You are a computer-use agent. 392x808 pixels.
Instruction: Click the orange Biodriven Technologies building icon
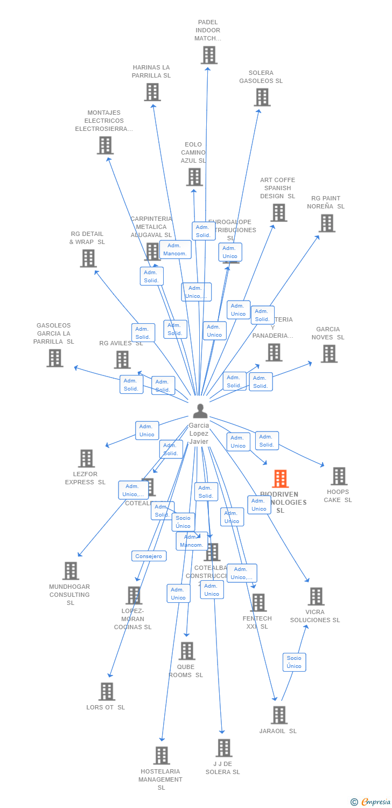click(x=280, y=479)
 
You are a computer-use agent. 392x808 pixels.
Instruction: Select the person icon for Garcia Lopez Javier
click(x=200, y=411)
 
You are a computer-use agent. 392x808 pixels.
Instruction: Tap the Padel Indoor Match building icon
click(x=209, y=55)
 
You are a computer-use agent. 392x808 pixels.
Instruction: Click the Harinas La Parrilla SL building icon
click(x=152, y=92)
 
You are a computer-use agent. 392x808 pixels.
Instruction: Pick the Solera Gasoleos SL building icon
click(x=262, y=97)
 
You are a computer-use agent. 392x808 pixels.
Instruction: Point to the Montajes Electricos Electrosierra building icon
click(x=105, y=145)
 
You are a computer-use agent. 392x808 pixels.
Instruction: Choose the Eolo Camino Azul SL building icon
click(x=194, y=177)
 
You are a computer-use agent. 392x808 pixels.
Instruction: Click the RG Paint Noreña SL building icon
click(x=327, y=223)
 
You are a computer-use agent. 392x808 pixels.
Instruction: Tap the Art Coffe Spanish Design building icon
click(x=278, y=213)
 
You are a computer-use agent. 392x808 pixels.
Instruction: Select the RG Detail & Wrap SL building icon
click(x=88, y=259)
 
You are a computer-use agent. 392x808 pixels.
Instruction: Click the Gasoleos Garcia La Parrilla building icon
click(x=54, y=358)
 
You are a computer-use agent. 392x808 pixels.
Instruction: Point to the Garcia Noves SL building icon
click(x=329, y=354)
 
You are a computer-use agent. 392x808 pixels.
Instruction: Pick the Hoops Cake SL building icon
click(x=339, y=476)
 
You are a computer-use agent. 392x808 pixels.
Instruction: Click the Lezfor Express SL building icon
click(x=86, y=458)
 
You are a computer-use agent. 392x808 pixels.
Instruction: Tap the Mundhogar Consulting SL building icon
click(x=71, y=571)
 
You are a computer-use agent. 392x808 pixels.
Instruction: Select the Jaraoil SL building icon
click(x=279, y=715)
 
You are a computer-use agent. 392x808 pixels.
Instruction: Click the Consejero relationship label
click(x=149, y=556)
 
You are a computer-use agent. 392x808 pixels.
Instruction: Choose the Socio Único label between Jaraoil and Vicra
click(x=294, y=662)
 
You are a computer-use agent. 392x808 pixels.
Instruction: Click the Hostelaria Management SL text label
click(x=160, y=779)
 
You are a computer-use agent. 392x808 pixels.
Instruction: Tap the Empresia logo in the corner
click(x=371, y=802)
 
